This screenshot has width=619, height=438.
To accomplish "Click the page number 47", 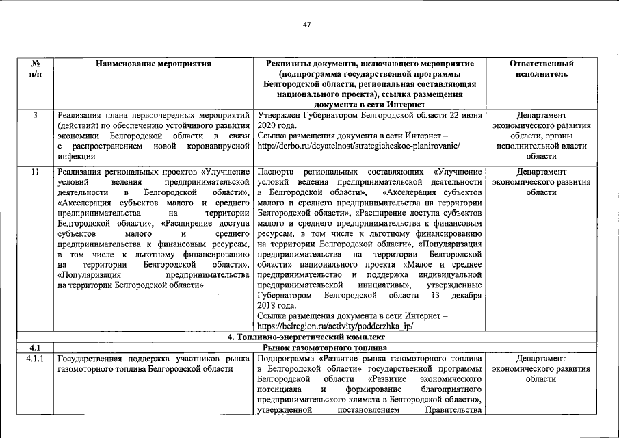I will coord(307,25).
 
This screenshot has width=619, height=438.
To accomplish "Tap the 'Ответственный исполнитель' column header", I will coord(541,68).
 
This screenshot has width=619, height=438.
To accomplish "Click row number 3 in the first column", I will coord(34,115).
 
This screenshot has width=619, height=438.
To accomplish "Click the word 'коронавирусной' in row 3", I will coord(218,146).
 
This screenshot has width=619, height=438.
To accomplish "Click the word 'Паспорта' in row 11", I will coord(276,171).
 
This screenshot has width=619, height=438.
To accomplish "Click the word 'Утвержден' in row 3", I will coord(278,115).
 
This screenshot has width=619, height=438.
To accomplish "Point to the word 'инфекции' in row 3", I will coord(76,157).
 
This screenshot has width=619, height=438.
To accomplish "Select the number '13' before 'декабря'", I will coord(436,295).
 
